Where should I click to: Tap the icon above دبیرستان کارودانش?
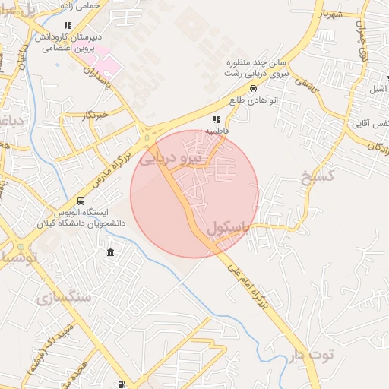pyautogui.click(x=68, y=25)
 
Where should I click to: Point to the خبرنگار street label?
pyautogui.click(x=96, y=115)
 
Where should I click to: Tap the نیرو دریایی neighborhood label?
pyautogui.click(x=174, y=157)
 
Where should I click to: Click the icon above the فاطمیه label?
pyautogui.click(x=217, y=119)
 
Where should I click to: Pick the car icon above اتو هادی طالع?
pyautogui.click(x=242, y=88)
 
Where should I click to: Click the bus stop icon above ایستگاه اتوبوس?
pyautogui.click(x=81, y=201)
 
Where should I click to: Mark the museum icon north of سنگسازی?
pyautogui.click(x=111, y=252)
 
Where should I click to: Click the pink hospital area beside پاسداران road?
pyautogui.click(x=109, y=65)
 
